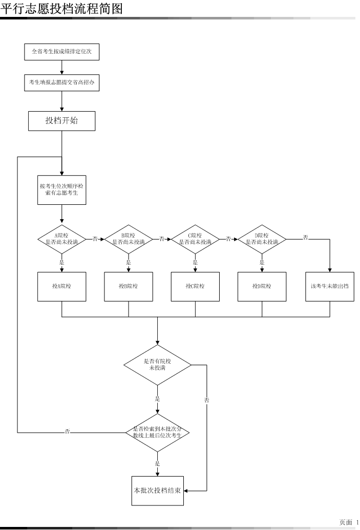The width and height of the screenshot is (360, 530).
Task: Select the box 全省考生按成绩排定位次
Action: (x=61, y=52)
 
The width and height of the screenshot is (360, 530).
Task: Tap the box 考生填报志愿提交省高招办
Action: (x=61, y=83)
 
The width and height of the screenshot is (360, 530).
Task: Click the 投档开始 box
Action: (x=61, y=120)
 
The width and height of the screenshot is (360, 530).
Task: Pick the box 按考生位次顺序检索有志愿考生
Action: (x=61, y=189)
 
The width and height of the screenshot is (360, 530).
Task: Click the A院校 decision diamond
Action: (x=61, y=239)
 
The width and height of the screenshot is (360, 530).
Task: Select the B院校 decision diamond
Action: (x=128, y=239)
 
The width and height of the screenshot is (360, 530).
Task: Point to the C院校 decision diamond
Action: (x=195, y=239)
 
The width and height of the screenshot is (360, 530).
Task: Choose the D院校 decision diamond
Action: (x=262, y=239)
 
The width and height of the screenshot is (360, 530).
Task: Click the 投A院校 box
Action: (x=61, y=286)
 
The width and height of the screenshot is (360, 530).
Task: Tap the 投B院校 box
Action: (x=128, y=286)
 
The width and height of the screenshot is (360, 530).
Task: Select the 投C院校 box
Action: (x=195, y=286)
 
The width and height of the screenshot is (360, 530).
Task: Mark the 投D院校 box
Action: (x=262, y=286)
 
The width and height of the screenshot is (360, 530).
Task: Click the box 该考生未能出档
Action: (x=330, y=286)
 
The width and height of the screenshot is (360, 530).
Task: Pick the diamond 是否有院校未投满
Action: (x=157, y=365)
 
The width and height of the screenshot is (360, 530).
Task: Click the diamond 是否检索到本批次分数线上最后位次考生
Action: (x=157, y=432)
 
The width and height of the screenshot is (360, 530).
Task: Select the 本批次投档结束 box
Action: (x=157, y=491)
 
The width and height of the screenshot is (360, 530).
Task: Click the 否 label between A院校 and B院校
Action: (x=95, y=239)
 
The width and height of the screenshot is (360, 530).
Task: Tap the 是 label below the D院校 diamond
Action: (x=262, y=263)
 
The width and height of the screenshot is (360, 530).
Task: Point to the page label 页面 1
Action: (x=349, y=522)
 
